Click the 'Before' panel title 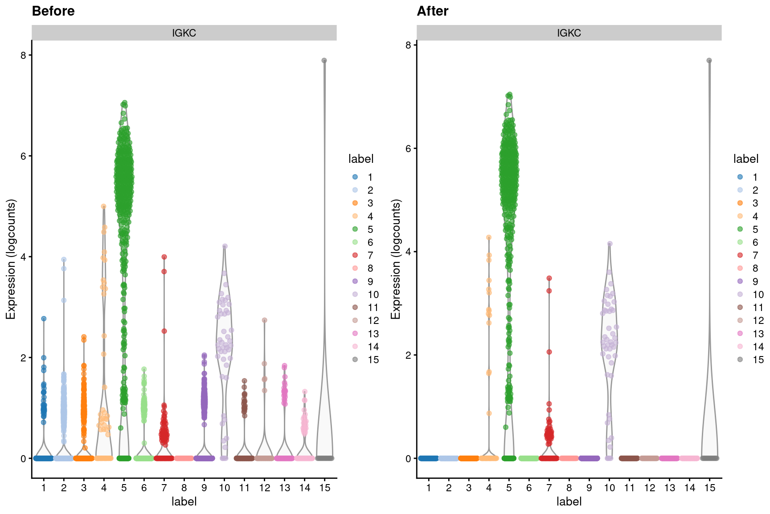click(53, 11)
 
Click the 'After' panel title click(432, 11)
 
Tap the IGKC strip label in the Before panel click(184, 33)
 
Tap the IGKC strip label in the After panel click(569, 33)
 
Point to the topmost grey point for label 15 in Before click(324, 61)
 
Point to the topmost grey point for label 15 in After click(709, 61)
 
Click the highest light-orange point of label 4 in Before click(104, 207)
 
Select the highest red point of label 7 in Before click(164, 257)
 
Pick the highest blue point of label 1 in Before click(44, 319)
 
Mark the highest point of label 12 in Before click(264, 320)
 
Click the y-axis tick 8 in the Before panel click(23, 55)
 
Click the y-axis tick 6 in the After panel click(408, 148)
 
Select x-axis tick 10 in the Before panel click(224, 488)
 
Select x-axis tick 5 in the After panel click(509, 488)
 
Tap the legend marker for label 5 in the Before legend click(355, 229)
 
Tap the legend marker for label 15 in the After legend click(740, 360)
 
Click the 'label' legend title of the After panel click(745, 159)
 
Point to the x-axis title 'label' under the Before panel click(184, 502)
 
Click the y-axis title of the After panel click(396, 259)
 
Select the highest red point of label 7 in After click(549, 278)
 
